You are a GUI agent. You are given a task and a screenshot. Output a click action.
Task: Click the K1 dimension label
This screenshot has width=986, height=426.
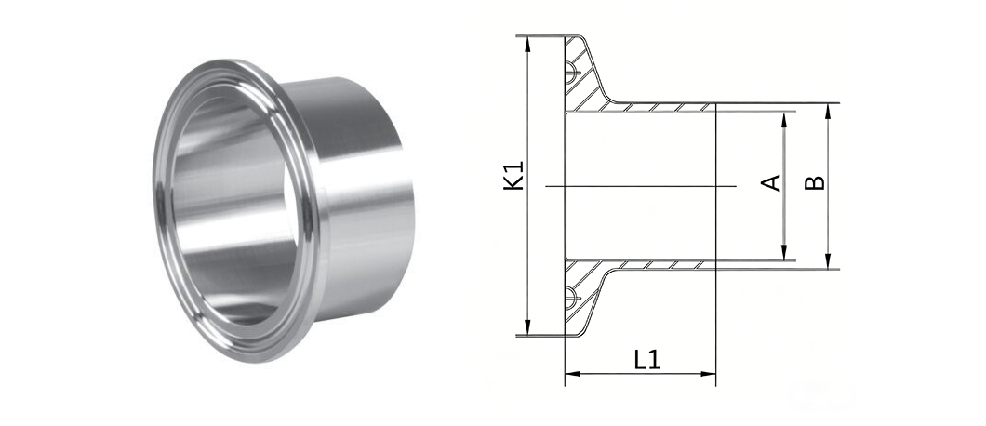[515, 176]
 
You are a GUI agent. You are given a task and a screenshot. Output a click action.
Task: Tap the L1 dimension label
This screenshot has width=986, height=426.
[647, 360]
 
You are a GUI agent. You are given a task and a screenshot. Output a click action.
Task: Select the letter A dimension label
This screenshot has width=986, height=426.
[771, 182]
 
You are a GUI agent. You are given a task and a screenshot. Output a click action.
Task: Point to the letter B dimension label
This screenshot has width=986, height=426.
[815, 182]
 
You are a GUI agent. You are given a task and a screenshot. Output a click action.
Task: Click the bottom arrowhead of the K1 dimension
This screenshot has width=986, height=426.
[527, 327]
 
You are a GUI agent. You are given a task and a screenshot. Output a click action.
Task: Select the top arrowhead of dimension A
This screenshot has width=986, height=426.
[784, 120]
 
